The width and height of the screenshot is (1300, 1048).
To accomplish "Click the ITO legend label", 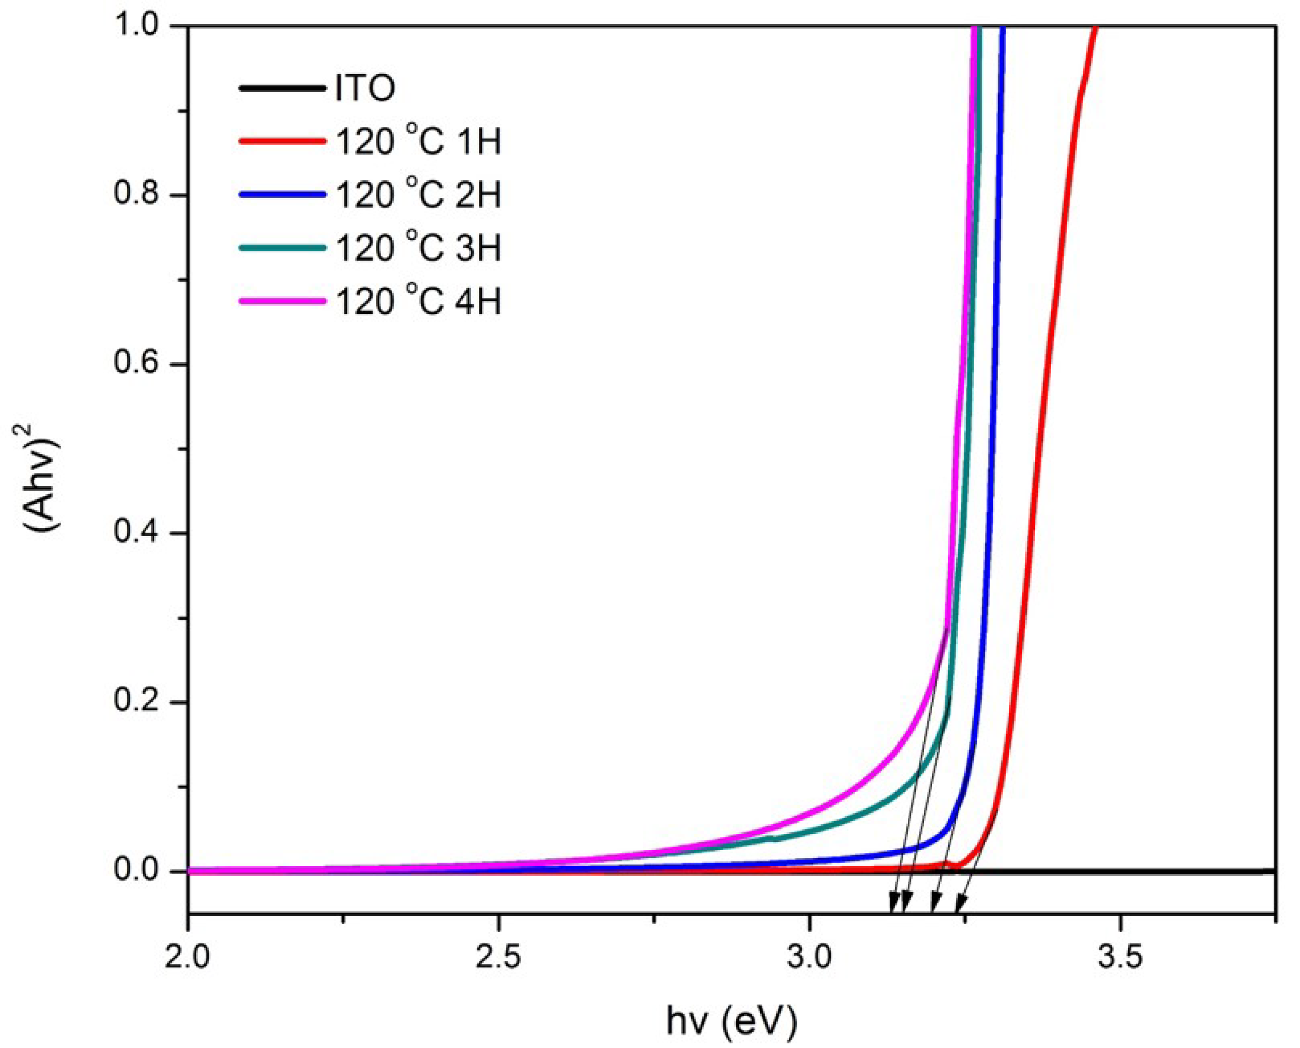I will [365, 88].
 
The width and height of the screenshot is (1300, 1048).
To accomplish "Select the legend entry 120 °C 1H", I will [418, 142].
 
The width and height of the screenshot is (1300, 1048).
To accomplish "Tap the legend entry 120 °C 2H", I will [418, 195].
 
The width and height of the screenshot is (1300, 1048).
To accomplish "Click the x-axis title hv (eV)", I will [732, 1021].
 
